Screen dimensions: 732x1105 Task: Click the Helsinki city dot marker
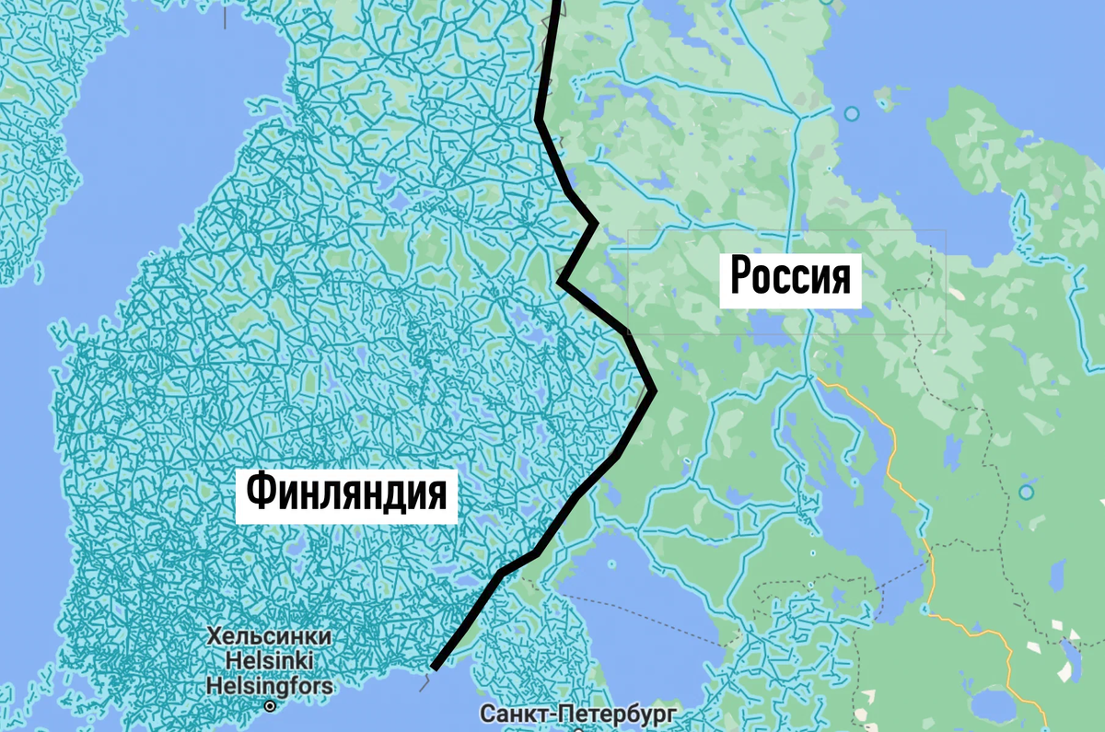tap(270, 707)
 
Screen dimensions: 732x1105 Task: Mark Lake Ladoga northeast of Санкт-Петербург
tap(635, 608)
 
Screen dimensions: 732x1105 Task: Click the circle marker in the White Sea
tap(852, 114)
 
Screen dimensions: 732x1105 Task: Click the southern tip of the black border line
tap(433, 668)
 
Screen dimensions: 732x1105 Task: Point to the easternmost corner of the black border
tap(654, 390)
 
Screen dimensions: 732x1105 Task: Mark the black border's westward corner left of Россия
tap(560, 280)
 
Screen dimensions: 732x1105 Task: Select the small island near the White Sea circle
tap(887, 92)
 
